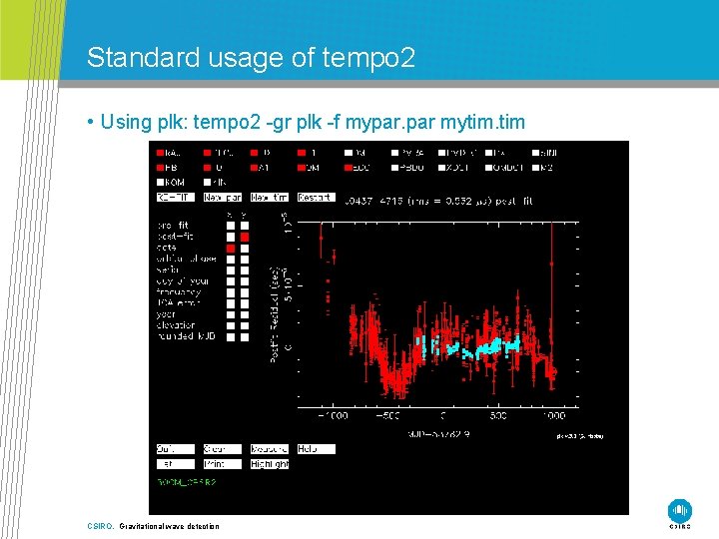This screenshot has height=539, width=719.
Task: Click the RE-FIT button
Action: pos(175,198)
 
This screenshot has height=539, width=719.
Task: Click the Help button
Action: pos(316,449)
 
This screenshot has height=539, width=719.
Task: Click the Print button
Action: pos(222,464)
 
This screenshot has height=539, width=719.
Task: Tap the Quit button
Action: pos(175,449)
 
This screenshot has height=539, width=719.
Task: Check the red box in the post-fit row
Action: pos(245,237)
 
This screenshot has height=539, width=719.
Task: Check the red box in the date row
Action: pos(230,248)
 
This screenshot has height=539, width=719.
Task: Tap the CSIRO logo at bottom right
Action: pos(680,510)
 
